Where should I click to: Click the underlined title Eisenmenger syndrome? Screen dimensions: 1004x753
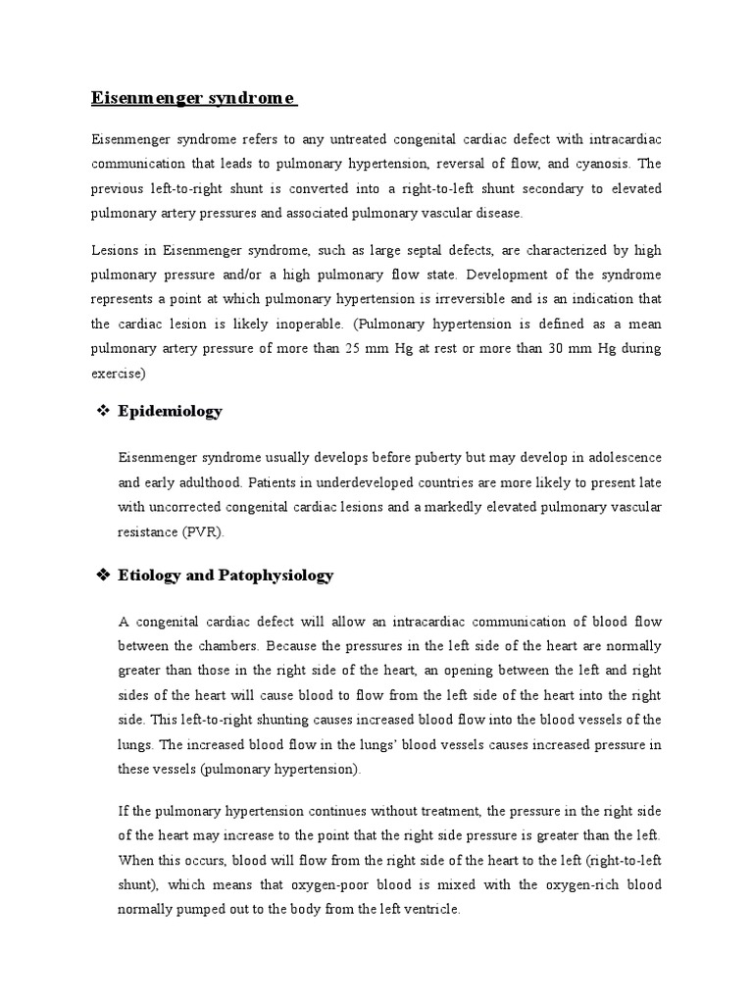(x=194, y=98)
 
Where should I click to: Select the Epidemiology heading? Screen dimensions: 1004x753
(x=170, y=411)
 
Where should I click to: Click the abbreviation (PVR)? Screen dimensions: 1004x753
(x=202, y=531)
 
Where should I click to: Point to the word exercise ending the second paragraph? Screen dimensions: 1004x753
(x=118, y=373)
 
